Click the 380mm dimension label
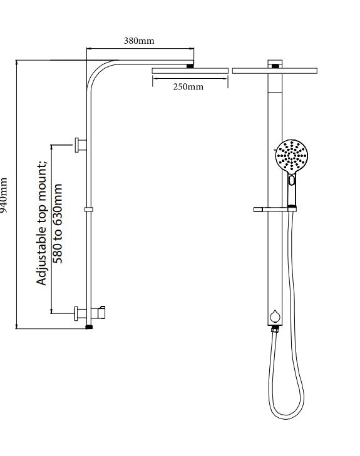pyautogui.click(x=139, y=41)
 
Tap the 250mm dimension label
pyautogui.click(x=188, y=87)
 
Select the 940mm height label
pyautogui.click(x=4, y=195)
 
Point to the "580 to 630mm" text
pyautogui.click(x=58, y=223)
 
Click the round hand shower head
pyautogui.click(x=291, y=156)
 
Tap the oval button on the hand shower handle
pyautogui.click(x=292, y=180)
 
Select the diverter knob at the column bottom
pyautogui.click(x=275, y=317)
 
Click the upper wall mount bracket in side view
pyautogui.click(x=81, y=145)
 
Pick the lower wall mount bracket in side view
pyautogui.click(x=81, y=313)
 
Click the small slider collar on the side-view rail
pyautogui.click(x=89, y=210)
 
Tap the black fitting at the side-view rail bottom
pyautogui.click(x=89, y=327)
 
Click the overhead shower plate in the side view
pyautogui.click(x=190, y=71)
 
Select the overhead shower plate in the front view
pyautogui.click(x=275, y=71)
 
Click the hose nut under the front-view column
pyautogui.click(x=275, y=329)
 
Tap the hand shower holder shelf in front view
pyautogui.click(x=275, y=210)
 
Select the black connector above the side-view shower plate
pyautogui.click(x=190, y=66)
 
